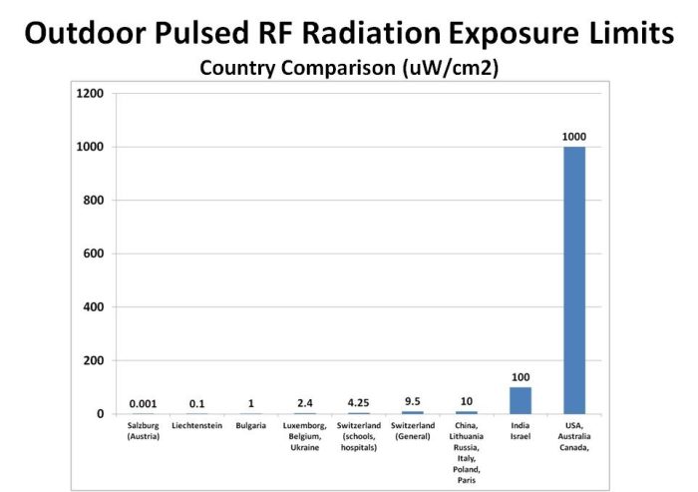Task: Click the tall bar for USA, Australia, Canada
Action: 573,279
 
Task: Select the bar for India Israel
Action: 520,400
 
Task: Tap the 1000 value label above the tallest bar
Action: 573,136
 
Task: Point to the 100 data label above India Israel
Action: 520,377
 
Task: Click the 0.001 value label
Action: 143,403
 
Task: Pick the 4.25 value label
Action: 359,402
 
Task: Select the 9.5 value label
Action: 413,401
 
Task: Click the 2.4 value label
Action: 304,403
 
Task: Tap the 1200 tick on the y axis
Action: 90,94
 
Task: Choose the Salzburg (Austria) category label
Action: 143,430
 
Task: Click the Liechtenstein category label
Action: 196,425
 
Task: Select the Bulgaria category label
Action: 250,425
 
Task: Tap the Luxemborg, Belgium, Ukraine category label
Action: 304,435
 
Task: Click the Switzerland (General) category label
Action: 413,430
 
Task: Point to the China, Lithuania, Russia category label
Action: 466,449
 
